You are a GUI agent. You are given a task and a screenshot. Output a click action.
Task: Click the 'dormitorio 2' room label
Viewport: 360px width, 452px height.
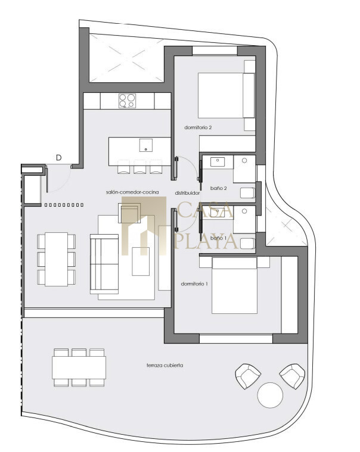pyautogui.click(x=198, y=127)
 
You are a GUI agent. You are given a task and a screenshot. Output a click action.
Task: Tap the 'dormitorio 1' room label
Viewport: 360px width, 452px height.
pyautogui.click(x=194, y=284)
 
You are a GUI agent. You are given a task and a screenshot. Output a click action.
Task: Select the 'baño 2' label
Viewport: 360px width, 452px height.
pyautogui.click(x=218, y=188)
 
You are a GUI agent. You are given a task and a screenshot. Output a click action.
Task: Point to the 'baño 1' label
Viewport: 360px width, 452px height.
pyautogui.click(x=218, y=238)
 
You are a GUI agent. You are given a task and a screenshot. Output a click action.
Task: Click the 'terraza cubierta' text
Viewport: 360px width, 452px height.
pyautogui.click(x=165, y=365)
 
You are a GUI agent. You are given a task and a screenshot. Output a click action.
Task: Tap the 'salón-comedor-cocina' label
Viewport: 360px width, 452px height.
pyautogui.click(x=132, y=192)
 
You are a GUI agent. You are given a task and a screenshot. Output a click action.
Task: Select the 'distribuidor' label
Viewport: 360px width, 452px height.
pyautogui.click(x=187, y=193)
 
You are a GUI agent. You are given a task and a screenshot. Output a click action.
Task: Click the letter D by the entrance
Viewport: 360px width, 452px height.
pyautogui.click(x=59, y=158)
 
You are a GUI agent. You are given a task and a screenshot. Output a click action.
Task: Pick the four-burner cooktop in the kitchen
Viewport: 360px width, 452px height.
pyautogui.click(x=127, y=101)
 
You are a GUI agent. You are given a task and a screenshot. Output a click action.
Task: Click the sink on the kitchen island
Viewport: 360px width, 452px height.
pyautogui.click(x=146, y=145)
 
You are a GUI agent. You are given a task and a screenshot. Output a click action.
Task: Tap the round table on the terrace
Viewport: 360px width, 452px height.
pyautogui.click(x=270, y=395)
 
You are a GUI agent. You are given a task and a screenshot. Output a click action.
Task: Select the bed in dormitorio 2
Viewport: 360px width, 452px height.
pyautogui.click(x=226, y=95)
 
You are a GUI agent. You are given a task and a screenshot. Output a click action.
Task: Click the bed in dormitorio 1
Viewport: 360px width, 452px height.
pyautogui.click(x=234, y=285)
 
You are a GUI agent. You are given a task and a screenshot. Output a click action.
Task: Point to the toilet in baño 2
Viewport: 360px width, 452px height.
pyautogui.click(x=247, y=193)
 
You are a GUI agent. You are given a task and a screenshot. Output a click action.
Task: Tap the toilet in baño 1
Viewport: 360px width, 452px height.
pyautogui.click(x=247, y=244)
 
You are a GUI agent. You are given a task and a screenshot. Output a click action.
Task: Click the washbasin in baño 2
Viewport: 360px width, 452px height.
pyautogui.click(x=218, y=162)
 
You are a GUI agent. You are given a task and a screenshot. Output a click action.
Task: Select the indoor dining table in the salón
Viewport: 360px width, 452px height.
pyautogui.click(x=56, y=259)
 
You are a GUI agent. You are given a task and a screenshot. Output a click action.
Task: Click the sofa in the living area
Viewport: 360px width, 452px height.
pyautogui.click(x=104, y=264)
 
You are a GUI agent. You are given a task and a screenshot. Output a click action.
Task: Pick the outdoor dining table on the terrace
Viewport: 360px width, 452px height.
pyautogui.click(x=79, y=367)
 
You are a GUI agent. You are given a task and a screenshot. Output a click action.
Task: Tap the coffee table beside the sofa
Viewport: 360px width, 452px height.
pyautogui.click(x=141, y=261)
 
